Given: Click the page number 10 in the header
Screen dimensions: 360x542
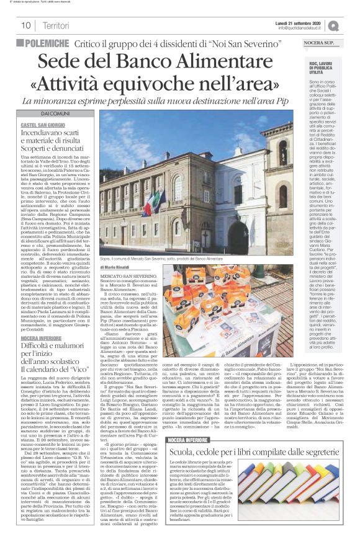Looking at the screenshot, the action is [x=26, y=25].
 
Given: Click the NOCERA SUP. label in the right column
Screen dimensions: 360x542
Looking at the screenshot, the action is [x=318, y=43].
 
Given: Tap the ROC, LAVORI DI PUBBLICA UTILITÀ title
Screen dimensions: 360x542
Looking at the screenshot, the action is [x=318, y=67].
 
